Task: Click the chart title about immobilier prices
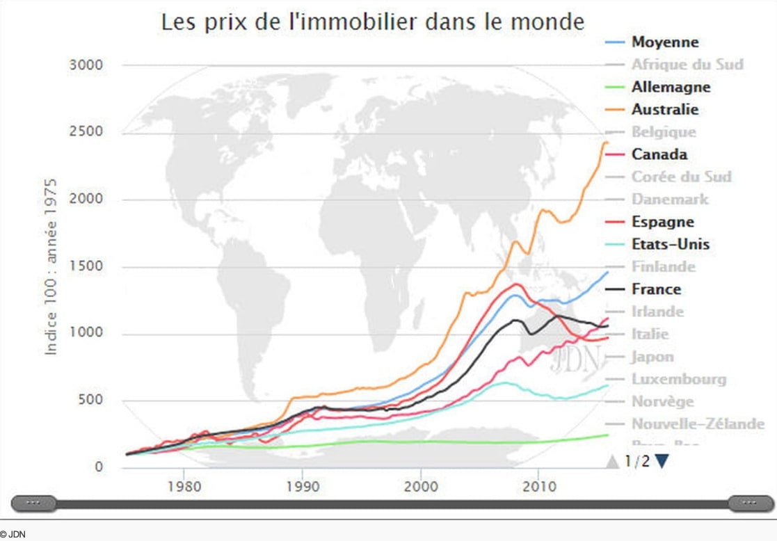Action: (x=373, y=21)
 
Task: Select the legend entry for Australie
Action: (x=664, y=110)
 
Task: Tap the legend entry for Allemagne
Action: (x=671, y=88)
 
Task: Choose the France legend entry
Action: (x=656, y=289)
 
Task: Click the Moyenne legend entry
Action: (x=664, y=42)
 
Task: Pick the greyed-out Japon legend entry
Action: (x=652, y=357)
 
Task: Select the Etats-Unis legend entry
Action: (x=670, y=244)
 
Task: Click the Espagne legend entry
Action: (x=662, y=222)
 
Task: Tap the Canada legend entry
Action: (x=659, y=154)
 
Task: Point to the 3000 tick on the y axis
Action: (x=86, y=65)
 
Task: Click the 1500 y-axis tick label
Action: (x=86, y=267)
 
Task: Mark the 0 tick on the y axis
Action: (x=97, y=467)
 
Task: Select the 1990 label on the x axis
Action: (x=302, y=484)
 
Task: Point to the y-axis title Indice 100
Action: (x=51, y=267)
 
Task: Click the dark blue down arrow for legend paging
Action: (x=662, y=461)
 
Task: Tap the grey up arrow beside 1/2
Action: (x=613, y=461)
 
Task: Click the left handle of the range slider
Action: (x=33, y=502)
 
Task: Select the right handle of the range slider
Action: (x=749, y=502)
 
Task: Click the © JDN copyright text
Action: (x=13, y=534)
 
